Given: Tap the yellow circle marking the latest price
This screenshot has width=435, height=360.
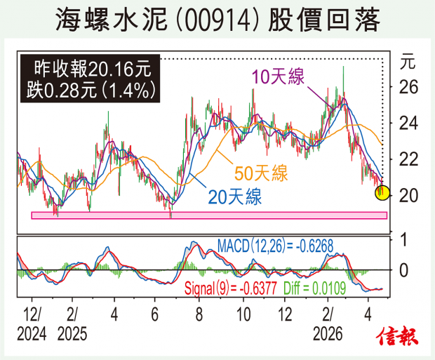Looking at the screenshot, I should [x=382, y=192].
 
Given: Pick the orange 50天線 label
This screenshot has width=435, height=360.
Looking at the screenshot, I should [x=261, y=173].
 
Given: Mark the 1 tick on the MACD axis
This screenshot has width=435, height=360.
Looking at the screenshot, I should [x=403, y=239].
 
